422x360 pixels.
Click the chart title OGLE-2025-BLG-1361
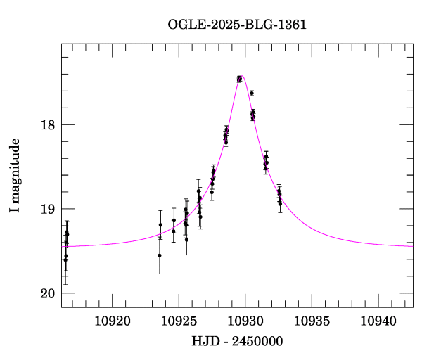(237, 25)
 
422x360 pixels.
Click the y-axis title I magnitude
(14, 176)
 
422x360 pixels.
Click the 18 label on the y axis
(47, 125)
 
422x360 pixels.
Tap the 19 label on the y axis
(47, 209)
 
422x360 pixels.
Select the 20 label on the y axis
(47, 293)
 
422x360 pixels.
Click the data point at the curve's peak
(239, 79)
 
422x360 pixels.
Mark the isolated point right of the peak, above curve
(252, 93)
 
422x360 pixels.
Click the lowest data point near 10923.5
(160, 255)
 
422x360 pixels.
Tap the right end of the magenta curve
(412, 246)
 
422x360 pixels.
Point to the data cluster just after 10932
(279, 195)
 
